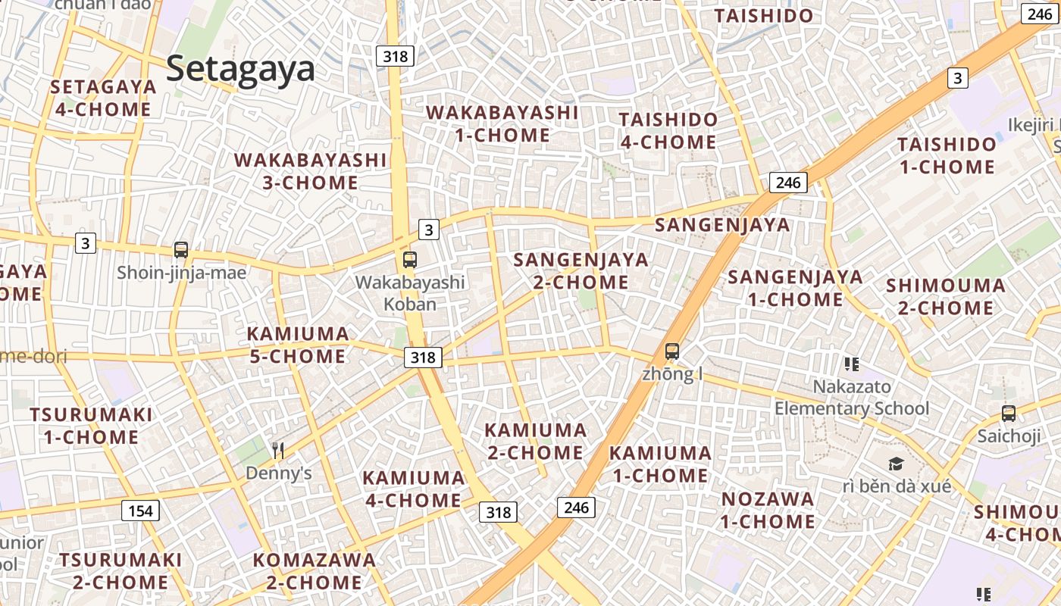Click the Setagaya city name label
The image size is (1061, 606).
point(240,69)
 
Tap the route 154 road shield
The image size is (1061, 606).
point(140,511)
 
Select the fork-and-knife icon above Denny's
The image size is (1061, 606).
point(278,451)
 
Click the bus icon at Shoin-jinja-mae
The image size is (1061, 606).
point(181,250)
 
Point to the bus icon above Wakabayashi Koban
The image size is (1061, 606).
point(410,260)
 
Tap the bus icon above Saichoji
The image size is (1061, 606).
point(1009,414)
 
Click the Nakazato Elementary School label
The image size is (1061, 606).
point(852,398)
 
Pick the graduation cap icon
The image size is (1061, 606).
point(897,464)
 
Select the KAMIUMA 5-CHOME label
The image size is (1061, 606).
point(298,345)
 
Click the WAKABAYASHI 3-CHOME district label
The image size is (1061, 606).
point(311,171)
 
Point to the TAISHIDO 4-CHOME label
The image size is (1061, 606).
point(668,130)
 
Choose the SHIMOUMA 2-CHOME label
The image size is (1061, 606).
point(946,297)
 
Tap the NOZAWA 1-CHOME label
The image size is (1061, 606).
point(768,511)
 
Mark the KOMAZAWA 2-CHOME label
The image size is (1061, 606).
point(314,571)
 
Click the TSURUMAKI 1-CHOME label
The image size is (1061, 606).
point(91,426)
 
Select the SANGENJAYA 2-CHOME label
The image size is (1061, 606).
point(581,271)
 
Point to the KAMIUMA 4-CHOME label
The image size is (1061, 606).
point(413,489)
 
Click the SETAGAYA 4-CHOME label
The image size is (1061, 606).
point(103,98)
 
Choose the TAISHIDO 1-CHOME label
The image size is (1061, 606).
point(947,155)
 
